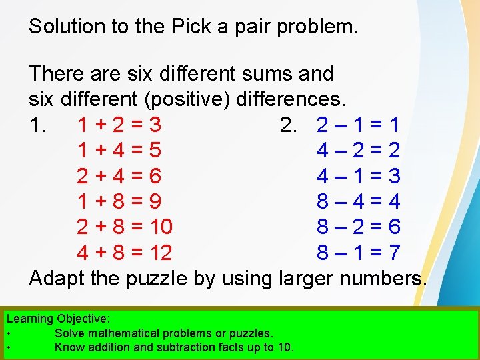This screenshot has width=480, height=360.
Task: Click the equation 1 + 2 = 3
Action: (x=119, y=125)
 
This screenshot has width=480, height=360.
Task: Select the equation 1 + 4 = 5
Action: (x=119, y=150)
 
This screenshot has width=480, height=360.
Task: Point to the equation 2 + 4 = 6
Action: (x=119, y=175)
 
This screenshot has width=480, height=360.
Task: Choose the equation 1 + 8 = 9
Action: (x=119, y=201)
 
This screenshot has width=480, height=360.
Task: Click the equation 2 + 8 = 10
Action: (x=125, y=227)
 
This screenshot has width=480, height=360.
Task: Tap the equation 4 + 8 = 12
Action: (x=125, y=253)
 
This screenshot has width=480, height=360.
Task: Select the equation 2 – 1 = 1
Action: (x=358, y=125)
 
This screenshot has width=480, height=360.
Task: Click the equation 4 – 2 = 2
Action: (x=358, y=150)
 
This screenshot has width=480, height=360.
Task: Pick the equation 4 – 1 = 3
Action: (x=358, y=175)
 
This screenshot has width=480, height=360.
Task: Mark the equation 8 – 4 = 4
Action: (x=358, y=201)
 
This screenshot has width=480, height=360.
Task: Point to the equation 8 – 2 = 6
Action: (x=358, y=227)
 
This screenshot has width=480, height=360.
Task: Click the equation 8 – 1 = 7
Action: (x=358, y=253)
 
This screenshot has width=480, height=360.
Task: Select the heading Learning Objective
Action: (x=59, y=319)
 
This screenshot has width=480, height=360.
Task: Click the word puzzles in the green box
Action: (x=247, y=333)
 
